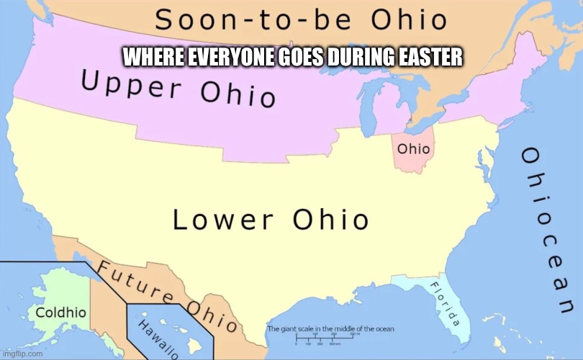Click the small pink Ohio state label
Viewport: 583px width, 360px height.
(x=414, y=150)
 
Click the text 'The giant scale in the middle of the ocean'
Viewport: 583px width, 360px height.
(x=330, y=329)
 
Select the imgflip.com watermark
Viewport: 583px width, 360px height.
(x=23, y=354)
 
